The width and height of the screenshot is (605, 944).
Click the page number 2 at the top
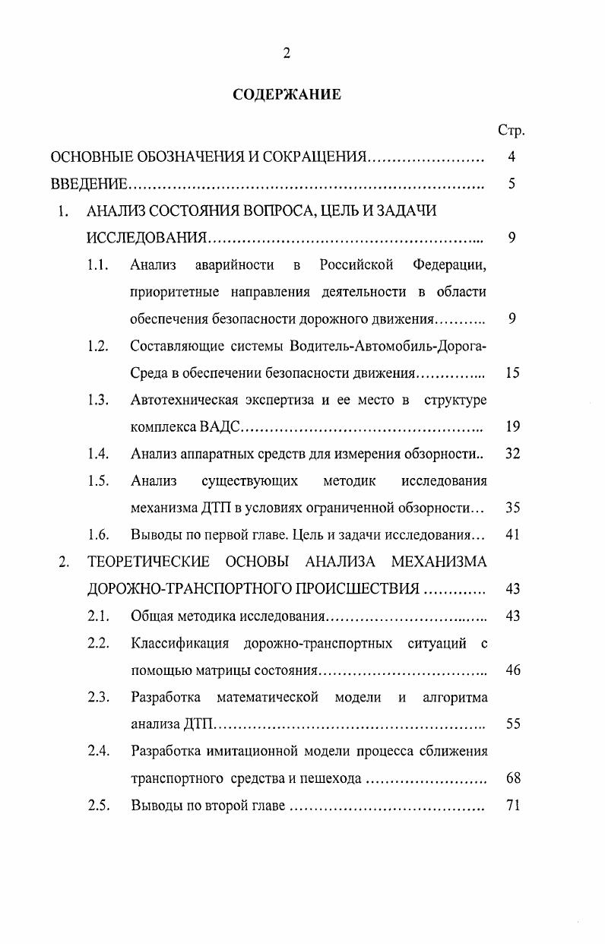pyautogui.click(x=287, y=52)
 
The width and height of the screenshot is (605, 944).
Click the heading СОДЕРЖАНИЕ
pyautogui.click(x=287, y=95)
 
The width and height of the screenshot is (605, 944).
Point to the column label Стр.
pyautogui.click(x=511, y=130)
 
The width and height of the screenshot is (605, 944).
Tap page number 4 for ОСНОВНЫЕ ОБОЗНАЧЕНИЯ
pyautogui.click(x=512, y=157)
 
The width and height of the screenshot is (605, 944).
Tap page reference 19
pyautogui.click(x=512, y=426)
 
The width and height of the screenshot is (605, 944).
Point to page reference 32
pyautogui.click(x=512, y=454)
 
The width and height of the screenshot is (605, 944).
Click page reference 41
pyautogui.click(x=512, y=534)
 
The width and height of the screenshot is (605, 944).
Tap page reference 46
pyautogui.click(x=512, y=670)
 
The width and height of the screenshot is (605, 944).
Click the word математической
pyautogui.click(x=270, y=697)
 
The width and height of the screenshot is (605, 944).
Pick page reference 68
pyautogui.click(x=512, y=778)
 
